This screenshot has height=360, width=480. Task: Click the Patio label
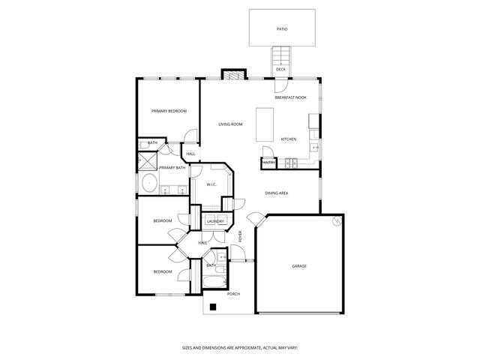point(282,29)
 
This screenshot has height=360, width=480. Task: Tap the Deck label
point(280,70)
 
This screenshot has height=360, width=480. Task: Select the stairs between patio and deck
point(281,55)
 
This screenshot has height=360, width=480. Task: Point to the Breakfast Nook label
point(291,97)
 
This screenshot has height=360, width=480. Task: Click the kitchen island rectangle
point(265,124)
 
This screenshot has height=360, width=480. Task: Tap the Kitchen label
point(289,139)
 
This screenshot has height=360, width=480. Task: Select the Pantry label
point(268,162)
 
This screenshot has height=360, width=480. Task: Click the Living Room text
point(230,124)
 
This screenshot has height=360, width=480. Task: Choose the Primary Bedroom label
point(169,111)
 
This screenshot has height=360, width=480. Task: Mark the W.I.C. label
point(212,184)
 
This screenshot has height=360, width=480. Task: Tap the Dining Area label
point(277,193)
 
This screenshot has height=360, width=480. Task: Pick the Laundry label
point(216,221)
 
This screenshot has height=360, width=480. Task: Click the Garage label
point(299,266)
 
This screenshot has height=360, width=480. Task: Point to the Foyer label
point(240,237)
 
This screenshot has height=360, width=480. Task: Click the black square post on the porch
point(214,306)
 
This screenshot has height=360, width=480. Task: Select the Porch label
point(233,294)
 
